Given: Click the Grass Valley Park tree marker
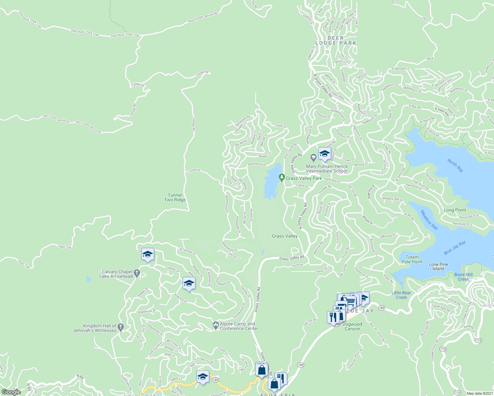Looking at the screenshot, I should [x=281, y=178].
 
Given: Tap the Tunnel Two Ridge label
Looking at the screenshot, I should [x=175, y=197].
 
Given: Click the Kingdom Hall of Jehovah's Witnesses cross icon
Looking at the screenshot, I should [x=121, y=327].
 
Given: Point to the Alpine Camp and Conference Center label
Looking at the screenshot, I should [x=239, y=326].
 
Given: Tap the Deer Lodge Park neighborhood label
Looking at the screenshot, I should [x=336, y=41].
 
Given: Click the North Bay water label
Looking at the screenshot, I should [x=455, y=165].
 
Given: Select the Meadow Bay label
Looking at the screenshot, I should [x=429, y=220].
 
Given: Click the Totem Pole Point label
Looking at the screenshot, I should [x=412, y=259].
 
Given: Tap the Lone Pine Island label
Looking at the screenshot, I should [x=438, y=266].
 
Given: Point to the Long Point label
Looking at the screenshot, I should [x=455, y=210].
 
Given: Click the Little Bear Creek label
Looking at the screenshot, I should [x=401, y=295].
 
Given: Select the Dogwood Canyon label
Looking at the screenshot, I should [x=352, y=326].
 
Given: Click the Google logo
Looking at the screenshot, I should [x=11, y=392].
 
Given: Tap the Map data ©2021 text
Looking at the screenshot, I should [x=479, y=393].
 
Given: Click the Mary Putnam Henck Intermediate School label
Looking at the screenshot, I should [x=327, y=169].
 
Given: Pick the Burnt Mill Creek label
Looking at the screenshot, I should [x=463, y=277].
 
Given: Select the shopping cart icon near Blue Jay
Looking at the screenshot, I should [x=351, y=301].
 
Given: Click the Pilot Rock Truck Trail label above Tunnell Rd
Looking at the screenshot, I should [x=125, y=35].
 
